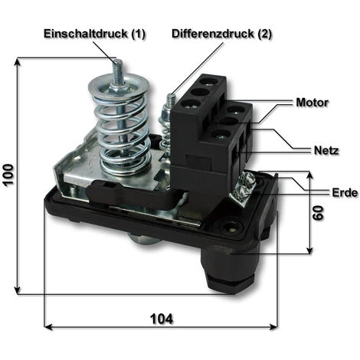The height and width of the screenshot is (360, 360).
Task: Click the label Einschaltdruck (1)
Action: coord(94,34)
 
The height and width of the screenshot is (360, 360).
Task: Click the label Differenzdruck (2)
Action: coord(222,34)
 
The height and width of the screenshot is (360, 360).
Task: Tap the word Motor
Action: coord(313,103)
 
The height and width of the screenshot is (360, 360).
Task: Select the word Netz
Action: coord(326,150)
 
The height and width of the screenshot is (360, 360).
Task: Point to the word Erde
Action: coord(345,193)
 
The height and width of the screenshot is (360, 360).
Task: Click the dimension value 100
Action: coord(8,175)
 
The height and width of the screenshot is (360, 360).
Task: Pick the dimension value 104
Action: coord(162,319)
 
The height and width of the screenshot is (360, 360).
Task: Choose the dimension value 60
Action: coord(318,213)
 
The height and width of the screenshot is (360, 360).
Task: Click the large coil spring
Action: coord(120,128)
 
